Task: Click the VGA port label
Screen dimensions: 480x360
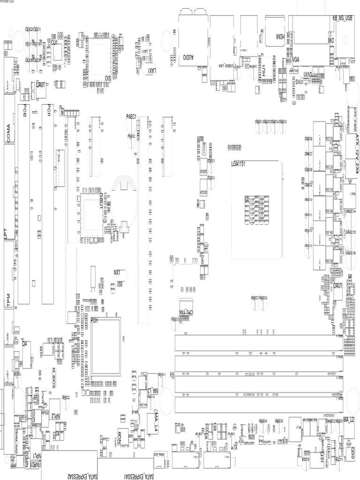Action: [x=296, y=59]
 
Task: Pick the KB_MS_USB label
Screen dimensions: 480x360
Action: [x=345, y=18]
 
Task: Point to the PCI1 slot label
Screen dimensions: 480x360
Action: [x=48, y=111]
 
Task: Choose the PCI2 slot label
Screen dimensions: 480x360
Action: [x=24, y=111]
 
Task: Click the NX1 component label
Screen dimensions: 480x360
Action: [x=118, y=272]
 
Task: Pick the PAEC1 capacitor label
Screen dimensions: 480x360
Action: [x=131, y=116]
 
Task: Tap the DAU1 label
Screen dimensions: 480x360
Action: [x=337, y=285]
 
